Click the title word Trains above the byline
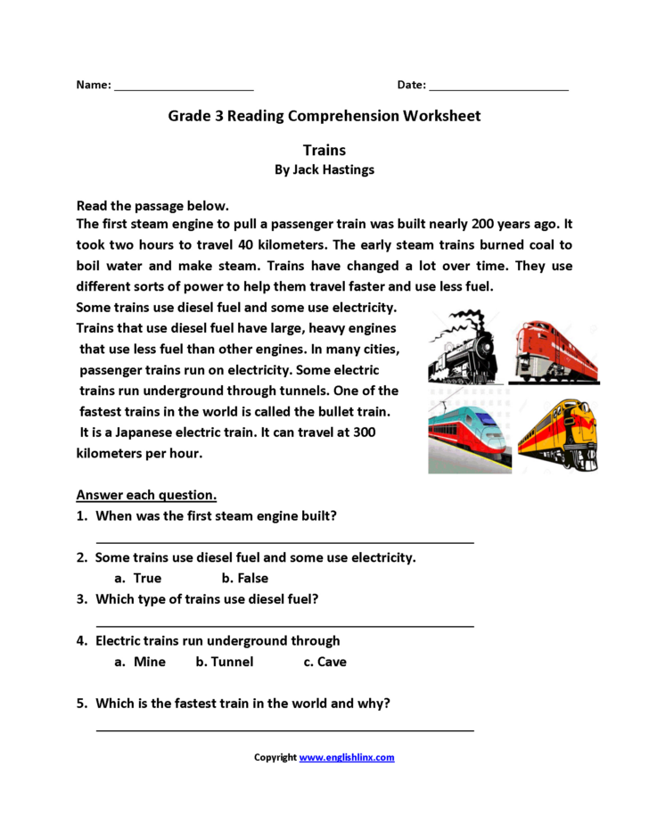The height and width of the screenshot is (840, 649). coord(324,150)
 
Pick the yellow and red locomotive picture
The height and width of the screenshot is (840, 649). coord(559,432)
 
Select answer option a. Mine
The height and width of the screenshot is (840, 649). coord(141,662)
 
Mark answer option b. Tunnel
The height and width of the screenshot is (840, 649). coord(225,662)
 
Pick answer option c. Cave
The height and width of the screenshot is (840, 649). coord(324,662)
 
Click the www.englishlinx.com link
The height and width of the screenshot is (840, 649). coord(347,757)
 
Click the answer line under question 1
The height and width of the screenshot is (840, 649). coord(284,539)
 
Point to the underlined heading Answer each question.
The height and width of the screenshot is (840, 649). coord(146,495)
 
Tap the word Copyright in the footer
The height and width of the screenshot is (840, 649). coord(275,757)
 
